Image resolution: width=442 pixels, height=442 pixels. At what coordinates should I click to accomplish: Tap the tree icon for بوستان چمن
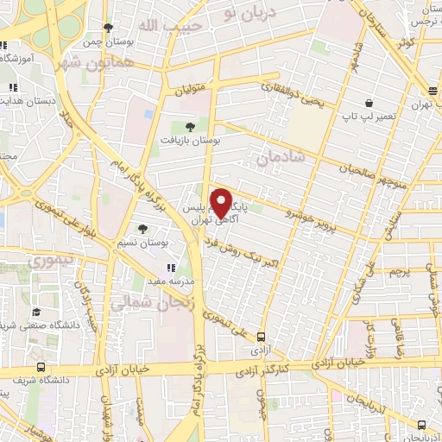pyautogui.click(x=108, y=28)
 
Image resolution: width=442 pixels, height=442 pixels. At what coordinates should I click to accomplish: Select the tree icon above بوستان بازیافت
pyautogui.click(x=190, y=126)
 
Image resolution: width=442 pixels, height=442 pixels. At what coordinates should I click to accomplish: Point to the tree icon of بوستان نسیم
pyautogui.click(x=142, y=229)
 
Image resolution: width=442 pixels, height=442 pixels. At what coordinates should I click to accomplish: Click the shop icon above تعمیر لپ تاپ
pyautogui.click(x=369, y=102)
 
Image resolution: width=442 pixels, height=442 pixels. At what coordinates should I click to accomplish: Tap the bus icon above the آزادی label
pyautogui.click(x=260, y=338)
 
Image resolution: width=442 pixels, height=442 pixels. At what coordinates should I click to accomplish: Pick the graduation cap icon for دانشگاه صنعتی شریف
pyautogui.click(x=36, y=312)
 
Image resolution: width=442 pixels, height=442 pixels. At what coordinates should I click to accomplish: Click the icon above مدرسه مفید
pyautogui.click(x=170, y=268)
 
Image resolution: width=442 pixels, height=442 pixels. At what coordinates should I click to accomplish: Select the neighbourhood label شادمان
pyautogui.click(x=281, y=156)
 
